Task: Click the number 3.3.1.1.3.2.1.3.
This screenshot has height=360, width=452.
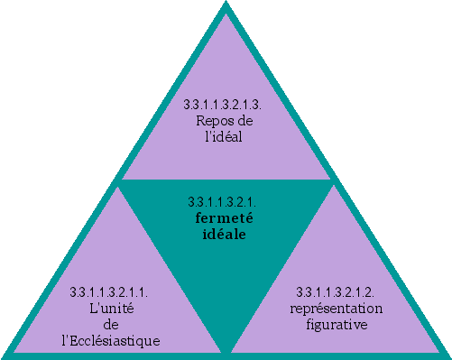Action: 224,105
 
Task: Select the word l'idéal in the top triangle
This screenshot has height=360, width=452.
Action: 225,137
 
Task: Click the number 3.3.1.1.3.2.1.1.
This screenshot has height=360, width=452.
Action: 109,291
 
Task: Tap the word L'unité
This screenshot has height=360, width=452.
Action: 109,308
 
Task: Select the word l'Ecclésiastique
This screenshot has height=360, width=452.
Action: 109,340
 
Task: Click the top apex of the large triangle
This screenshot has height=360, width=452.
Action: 225,5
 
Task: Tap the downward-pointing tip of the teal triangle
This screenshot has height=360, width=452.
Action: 225,352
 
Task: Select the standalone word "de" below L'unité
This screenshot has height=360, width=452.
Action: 109,324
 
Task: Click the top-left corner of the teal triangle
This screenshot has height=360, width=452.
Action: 118,180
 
